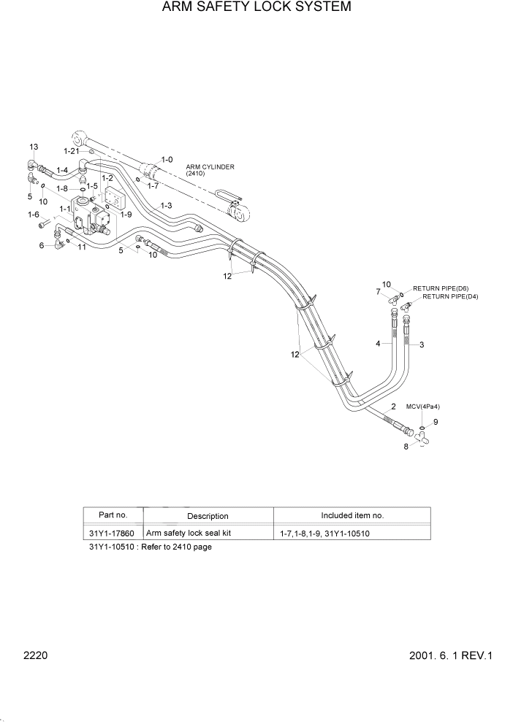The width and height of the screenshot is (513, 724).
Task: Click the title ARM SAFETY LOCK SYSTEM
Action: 256,8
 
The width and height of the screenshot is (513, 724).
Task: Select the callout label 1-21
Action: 71,150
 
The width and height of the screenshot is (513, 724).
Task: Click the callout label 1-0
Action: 167,159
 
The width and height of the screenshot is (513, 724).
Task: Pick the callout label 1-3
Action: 166,206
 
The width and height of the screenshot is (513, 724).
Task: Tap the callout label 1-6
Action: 34,214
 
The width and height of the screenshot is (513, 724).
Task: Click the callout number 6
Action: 42,246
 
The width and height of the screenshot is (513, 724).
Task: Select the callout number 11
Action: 82,247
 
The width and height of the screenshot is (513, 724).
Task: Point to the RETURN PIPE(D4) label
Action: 450,297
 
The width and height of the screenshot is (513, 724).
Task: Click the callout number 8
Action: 406,446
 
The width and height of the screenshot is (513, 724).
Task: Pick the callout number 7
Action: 378,292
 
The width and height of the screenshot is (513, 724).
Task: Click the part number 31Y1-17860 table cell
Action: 113,533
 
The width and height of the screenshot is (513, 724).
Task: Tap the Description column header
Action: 208,516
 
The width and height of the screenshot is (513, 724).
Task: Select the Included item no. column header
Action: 352,515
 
